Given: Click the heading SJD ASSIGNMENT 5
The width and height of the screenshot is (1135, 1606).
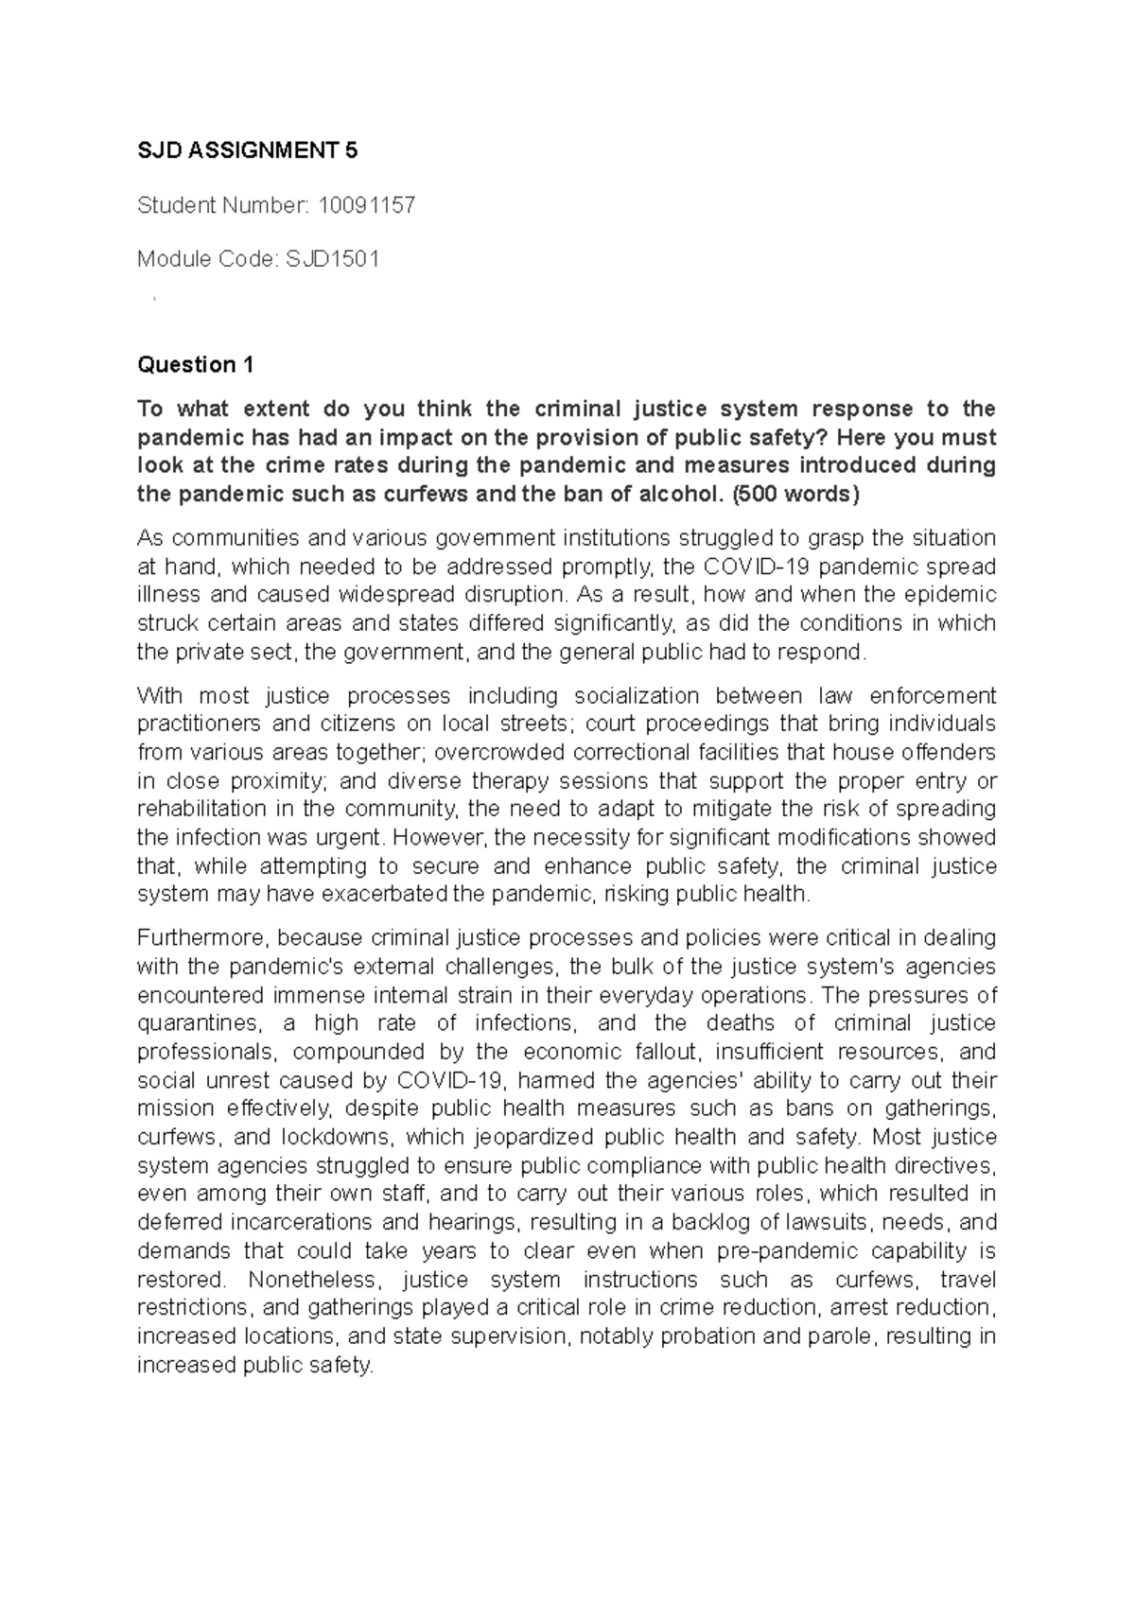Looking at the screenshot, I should click(248, 150).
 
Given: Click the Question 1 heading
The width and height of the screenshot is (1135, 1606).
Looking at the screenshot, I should click(196, 364).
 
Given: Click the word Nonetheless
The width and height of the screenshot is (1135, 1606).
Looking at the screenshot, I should click(312, 1280).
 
